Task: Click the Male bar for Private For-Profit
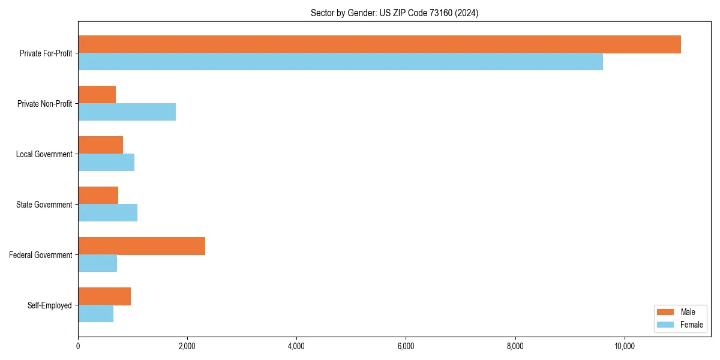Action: [x=379, y=44]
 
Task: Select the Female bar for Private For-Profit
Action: [x=340, y=62]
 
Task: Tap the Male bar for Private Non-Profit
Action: [x=97, y=95]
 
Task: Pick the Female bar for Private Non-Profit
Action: [x=127, y=112]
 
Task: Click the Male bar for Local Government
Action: [x=100, y=145]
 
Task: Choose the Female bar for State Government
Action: [x=107, y=213]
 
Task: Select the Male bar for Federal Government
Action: [x=142, y=246]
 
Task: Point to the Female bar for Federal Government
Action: [x=97, y=263]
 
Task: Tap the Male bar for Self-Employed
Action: [x=104, y=296]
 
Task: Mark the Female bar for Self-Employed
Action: [x=95, y=314]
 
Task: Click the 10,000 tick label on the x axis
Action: [x=625, y=346]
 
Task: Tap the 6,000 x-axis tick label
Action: [x=406, y=346]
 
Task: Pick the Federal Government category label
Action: [x=41, y=255]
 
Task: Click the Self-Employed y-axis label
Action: [x=50, y=305]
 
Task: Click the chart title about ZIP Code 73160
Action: [x=394, y=13]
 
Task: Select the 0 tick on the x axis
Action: [x=78, y=346]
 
